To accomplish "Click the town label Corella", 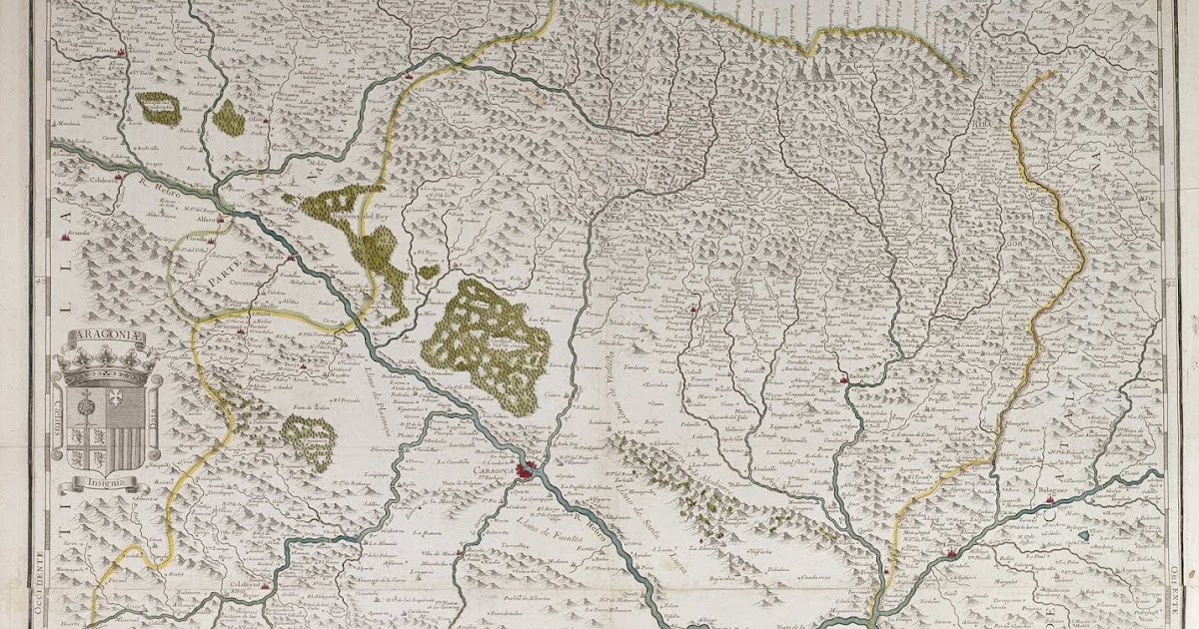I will coord(196,241).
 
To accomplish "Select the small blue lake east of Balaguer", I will coord(1085,536).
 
